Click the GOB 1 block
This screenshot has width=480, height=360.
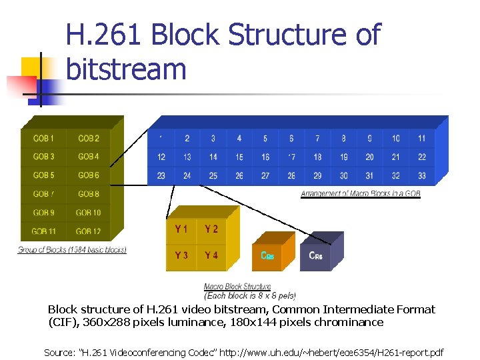(44, 139)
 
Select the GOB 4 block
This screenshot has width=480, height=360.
(89, 157)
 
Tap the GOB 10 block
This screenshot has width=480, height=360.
(89, 213)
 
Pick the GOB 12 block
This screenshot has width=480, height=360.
(89, 231)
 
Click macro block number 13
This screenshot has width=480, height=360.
(187, 157)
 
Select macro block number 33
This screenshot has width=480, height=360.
(422, 176)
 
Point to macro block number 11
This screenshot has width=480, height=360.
(422, 139)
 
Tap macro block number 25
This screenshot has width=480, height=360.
(213, 176)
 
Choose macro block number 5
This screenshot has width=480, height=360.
(265, 139)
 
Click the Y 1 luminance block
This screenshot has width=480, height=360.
(181, 229)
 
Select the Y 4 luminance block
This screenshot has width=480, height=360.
(211, 255)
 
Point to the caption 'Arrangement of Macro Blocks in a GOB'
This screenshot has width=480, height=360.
(361, 194)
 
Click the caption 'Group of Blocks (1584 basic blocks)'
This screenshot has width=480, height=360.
(72, 250)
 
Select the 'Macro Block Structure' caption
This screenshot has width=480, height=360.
(237, 287)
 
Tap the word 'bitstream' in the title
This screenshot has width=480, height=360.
(127, 69)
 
